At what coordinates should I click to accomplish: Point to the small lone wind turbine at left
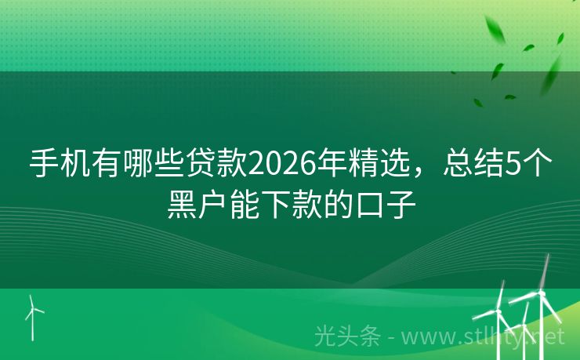click(x=32, y=316)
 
